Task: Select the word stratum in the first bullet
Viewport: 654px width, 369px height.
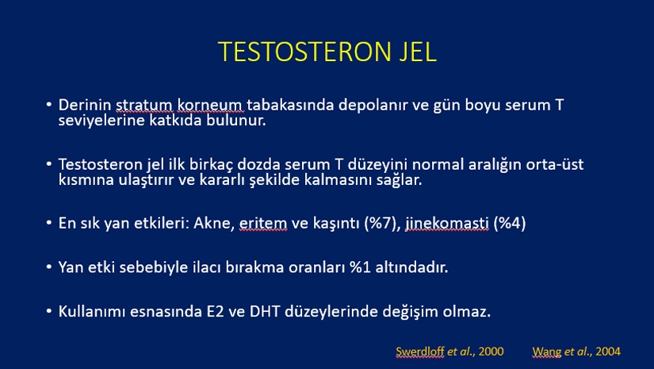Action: [x=144, y=106]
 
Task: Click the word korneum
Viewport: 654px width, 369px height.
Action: [x=210, y=106]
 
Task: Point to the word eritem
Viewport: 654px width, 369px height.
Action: [x=263, y=223]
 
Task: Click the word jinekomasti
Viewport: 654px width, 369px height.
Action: [x=447, y=223]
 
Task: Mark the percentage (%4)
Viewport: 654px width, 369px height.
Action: [x=509, y=223]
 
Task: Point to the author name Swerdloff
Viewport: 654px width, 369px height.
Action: [x=420, y=352]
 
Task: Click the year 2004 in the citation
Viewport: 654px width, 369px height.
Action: [x=608, y=352]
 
